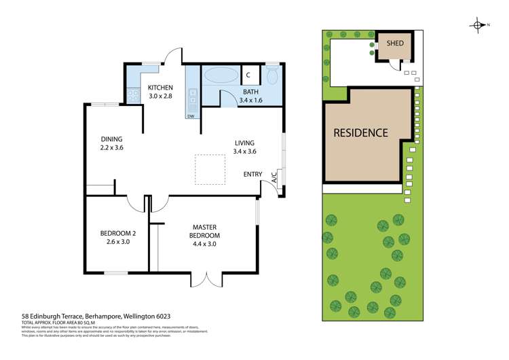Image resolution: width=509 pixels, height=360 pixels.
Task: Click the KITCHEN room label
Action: pyautogui.click(x=161, y=92)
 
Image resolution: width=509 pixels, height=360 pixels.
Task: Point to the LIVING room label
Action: pyautogui.click(x=244, y=147)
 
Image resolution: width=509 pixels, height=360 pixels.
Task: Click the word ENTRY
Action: pyautogui.click(x=253, y=175)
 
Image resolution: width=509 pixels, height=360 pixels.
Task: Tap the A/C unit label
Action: pyautogui.click(x=274, y=179)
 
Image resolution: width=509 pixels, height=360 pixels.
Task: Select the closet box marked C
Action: pyautogui.click(x=248, y=75)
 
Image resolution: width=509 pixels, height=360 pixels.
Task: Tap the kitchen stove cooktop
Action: pyautogui.click(x=132, y=94)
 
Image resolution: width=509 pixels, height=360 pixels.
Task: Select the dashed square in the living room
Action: pyautogui.click(x=210, y=168)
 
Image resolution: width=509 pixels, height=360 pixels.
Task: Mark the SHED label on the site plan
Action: pyautogui.click(x=395, y=43)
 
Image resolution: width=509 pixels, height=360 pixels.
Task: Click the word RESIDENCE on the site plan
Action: pyautogui.click(x=360, y=132)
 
